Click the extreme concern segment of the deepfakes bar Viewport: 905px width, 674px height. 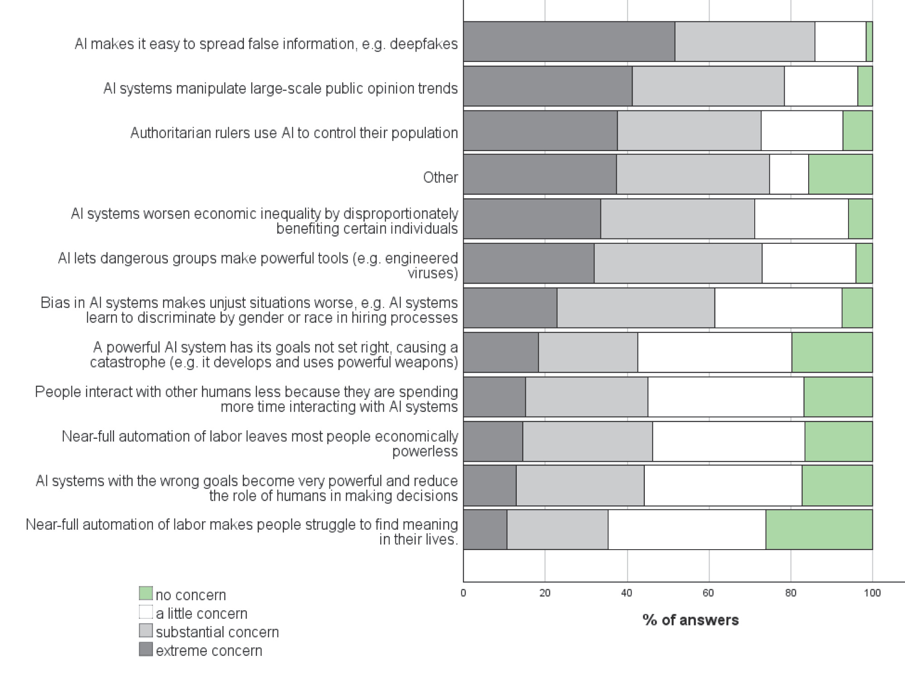pyautogui.click(x=569, y=41)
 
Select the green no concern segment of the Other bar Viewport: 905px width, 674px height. pyautogui.click(x=840, y=174)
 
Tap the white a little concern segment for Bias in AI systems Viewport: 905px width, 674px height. pyautogui.click(x=778, y=308)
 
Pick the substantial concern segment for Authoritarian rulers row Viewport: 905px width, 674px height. pyautogui.click(x=689, y=130)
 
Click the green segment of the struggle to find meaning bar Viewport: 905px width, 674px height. pyautogui.click(x=819, y=530)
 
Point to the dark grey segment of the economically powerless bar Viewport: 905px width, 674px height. pyautogui.click(x=493, y=441)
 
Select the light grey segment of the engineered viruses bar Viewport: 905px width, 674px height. pyautogui.click(x=678, y=263)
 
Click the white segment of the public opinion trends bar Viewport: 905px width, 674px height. pyautogui.click(x=821, y=86)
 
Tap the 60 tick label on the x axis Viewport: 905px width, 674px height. pyautogui.click(x=709, y=593)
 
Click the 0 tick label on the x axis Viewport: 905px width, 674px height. pyautogui.click(x=463, y=593)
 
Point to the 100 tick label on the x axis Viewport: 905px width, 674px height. pyautogui.click(x=872, y=593)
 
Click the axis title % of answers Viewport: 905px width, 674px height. pyautogui.click(x=691, y=620)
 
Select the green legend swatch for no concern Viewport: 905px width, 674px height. pyautogui.click(x=146, y=593)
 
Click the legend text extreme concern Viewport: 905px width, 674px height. pyautogui.click(x=209, y=650)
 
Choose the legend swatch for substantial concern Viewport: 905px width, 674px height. pyautogui.click(x=146, y=631)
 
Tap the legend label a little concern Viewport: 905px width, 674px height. pyautogui.click(x=202, y=613)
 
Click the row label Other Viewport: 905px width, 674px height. pyautogui.click(x=440, y=177)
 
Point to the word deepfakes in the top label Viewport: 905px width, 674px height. pyautogui.click(x=424, y=44)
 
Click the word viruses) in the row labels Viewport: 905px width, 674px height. pyautogui.click(x=433, y=273)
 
